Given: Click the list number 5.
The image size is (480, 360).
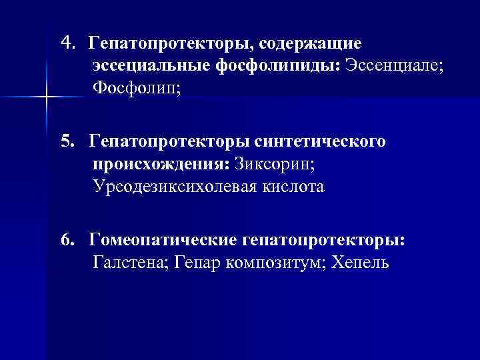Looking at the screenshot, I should click(66, 142).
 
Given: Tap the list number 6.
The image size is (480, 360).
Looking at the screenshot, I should click(66, 240).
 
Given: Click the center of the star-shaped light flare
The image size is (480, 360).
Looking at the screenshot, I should click(46, 98).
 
